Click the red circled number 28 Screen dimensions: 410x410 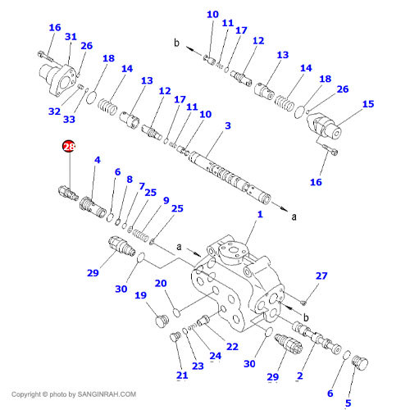[69, 147]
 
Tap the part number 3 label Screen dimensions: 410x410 [228, 125]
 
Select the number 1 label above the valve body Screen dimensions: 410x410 [260, 214]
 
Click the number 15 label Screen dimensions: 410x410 [368, 104]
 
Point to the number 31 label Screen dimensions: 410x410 [71, 37]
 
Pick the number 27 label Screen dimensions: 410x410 [321, 276]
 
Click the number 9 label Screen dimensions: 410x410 [166, 201]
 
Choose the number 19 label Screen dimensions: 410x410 [140, 295]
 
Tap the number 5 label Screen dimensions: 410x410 [348, 403]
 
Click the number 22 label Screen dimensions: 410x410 [232, 347]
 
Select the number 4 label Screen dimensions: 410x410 [98, 160]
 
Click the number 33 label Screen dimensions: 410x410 [69, 120]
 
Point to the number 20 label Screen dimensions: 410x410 [161, 283]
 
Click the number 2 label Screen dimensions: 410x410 [300, 376]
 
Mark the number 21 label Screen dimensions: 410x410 [182, 376]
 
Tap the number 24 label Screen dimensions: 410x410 [216, 356]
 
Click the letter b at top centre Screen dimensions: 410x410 [177, 43]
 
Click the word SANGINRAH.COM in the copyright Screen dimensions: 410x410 [107, 394]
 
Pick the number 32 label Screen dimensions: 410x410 [54, 112]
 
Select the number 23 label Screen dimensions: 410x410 [198, 366]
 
